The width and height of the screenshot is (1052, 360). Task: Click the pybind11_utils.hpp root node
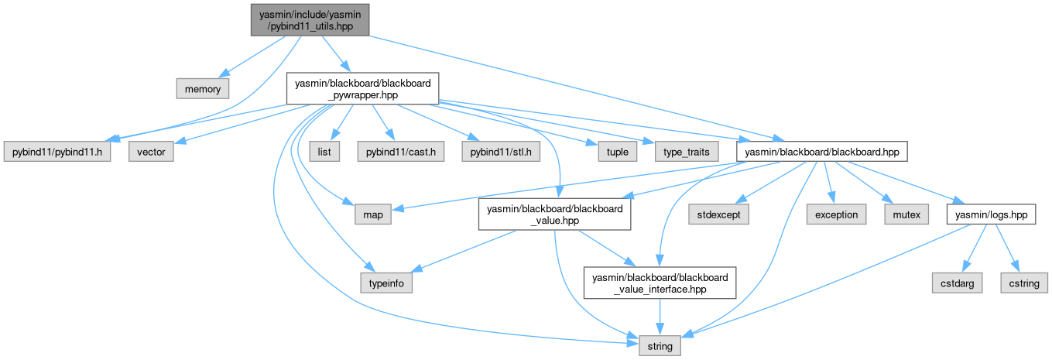(309, 19)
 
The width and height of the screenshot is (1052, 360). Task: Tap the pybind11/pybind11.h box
(58, 152)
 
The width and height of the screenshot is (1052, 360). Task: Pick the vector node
(151, 152)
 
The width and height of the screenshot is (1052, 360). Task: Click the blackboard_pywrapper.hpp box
(363, 89)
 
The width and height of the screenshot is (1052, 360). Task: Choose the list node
(324, 152)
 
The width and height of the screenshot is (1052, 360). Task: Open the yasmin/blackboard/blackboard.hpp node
(821, 152)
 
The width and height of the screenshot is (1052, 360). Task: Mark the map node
(373, 214)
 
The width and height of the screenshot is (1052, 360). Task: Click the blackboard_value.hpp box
(554, 214)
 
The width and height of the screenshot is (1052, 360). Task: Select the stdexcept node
(717, 214)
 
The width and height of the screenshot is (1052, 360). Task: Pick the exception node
(835, 214)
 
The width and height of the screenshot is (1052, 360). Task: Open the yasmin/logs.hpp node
(992, 214)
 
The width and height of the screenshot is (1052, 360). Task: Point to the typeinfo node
(386, 283)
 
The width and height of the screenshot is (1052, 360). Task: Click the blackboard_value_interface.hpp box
(660, 283)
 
